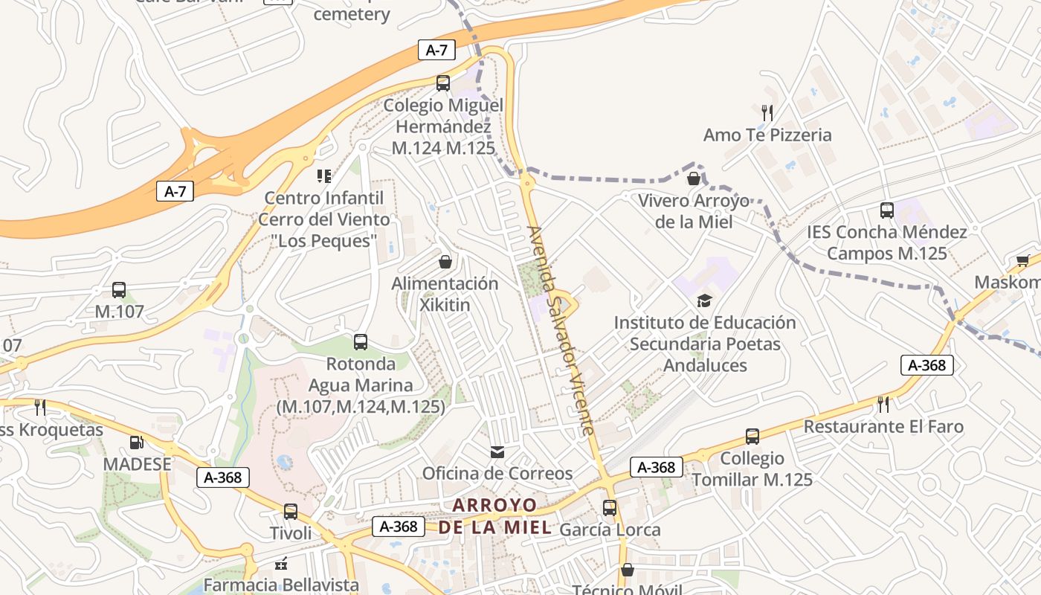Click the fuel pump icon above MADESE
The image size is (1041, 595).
pyautogui.click(x=136, y=443)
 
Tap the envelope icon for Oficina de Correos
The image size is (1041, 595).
pyautogui.click(x=497, y=451)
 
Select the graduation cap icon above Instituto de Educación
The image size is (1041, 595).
pyautogui.click(x=704, y=300)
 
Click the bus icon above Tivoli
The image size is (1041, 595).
pyautogui.click(x=291, y=512)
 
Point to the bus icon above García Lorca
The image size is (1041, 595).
pyautogui.click(x=610, y=508)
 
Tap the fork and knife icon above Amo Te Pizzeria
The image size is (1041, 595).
pyautogui.click(x=767, y=113)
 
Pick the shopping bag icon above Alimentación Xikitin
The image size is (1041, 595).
pyautogui.click(x=445, y=261)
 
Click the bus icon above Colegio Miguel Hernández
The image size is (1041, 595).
pyautogui.click(x=443, y=83)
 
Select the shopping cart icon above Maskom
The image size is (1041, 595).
pyautogui.click(x=1022, y=261)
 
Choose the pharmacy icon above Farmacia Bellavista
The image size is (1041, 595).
pyautogui.click(x=281, y=565)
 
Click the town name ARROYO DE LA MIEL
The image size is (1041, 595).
pyautogui.click(x=495, y=516)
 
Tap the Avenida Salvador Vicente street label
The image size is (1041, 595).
pyautogui.click(x=561, y=331)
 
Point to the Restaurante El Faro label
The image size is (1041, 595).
pyautogui.click(x=883, y=427)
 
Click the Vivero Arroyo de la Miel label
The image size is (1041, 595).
pyautogui.click(x=694, y=211)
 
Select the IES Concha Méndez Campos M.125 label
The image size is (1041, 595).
pyautogui.click(x=887, y=242)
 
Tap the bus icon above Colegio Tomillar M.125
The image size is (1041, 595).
pyautogui.click(x=752, y=437)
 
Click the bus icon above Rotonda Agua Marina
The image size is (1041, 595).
pyautogui.click(x=361, y=342)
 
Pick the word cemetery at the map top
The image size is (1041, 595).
pyautogui.click(x=352, y=14)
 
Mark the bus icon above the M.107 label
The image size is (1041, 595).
pyautogui.click(x=119, y=290)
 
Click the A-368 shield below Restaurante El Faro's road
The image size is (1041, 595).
pyautogui.click(x=927, y=365)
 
